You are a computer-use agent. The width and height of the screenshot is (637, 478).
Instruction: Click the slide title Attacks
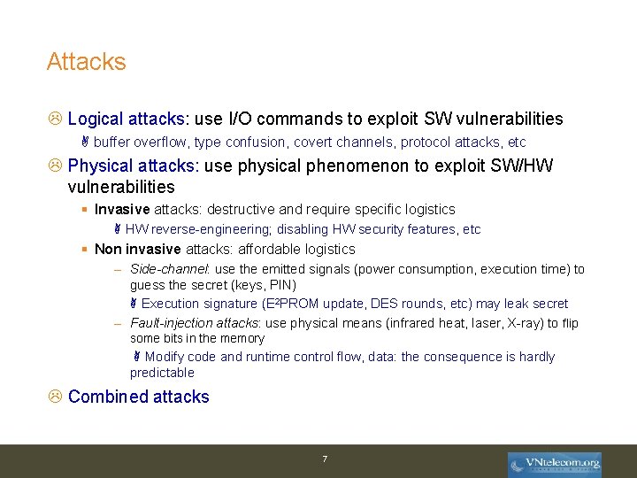87,62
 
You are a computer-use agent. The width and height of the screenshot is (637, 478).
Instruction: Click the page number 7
325,459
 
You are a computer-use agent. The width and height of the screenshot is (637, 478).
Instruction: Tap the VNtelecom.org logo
554,463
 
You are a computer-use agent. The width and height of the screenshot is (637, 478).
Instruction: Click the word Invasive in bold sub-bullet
122,210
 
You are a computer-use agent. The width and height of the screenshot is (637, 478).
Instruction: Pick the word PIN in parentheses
281,285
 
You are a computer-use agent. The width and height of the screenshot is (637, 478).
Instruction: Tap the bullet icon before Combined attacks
54,397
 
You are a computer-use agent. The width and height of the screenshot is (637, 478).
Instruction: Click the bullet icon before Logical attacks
54,119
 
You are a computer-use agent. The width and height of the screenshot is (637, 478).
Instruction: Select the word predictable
162,373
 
